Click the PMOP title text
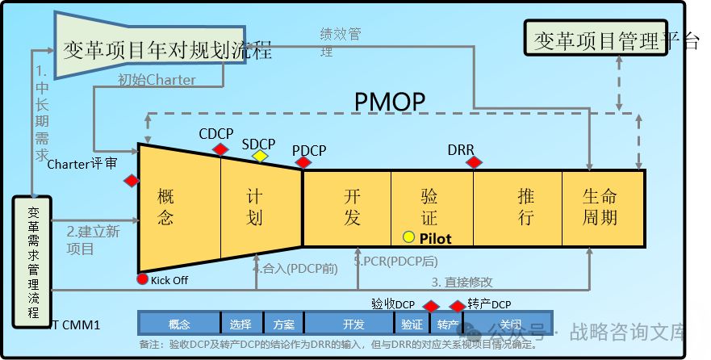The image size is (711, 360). pyautogui.click(x=390, y=103)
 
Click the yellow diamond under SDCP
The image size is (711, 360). pyautogui.click(x=260, y=156)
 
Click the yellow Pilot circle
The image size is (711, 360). pyautogui.click(x=409, y=237)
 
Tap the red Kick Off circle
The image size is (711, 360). pyautogui.click(x=143, y=279)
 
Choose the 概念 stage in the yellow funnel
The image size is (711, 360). pyautogui.click(x=167, y=206)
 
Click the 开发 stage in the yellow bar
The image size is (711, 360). pyautogui.click(x=352, y=207)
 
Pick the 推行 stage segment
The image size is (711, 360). pyautogui.click(x=525, y=207)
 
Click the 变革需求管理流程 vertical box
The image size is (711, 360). pyautogui.click(x=32, y=262)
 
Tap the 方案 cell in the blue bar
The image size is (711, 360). pyautogui.click(x=283, y=324)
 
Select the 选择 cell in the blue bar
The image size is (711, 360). pyautogui.click(x=240, y=324)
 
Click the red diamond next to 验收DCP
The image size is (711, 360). pyautogui.click(x=431, y=306)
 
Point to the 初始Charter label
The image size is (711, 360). pyautogui.click(x=157, y=79)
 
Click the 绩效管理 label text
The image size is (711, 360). pyautogui.click(x=339, y=41)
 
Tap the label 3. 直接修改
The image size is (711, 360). pyautogui.click(x=461, y=282)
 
